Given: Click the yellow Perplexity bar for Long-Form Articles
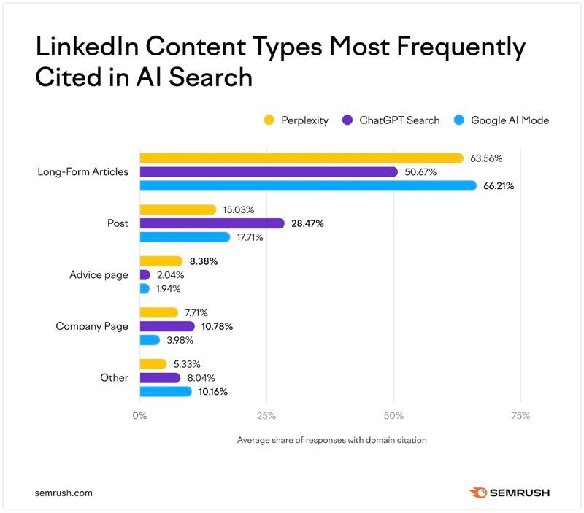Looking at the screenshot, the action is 301,158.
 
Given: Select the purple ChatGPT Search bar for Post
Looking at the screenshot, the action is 212,223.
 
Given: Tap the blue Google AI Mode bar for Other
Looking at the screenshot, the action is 166,392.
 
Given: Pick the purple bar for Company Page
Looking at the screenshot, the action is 167,326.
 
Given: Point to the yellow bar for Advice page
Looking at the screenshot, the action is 161,261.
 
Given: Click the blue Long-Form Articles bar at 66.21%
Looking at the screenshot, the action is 308,185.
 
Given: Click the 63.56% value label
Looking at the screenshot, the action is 486,158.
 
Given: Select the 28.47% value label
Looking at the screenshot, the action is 307,224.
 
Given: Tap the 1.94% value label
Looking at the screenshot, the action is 168,289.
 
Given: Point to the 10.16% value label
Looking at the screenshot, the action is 213,392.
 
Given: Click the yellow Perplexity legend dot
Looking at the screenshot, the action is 269,120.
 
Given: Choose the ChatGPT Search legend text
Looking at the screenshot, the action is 399,120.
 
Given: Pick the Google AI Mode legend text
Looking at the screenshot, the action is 510,120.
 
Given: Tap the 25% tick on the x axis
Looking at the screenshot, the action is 266,416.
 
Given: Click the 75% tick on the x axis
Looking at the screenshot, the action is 520,416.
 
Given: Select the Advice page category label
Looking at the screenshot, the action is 99,275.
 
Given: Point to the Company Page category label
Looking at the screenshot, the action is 92,326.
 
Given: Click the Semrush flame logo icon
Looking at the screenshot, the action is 478,493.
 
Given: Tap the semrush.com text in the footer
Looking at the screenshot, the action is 64,493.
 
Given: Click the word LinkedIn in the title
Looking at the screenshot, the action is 87,47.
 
